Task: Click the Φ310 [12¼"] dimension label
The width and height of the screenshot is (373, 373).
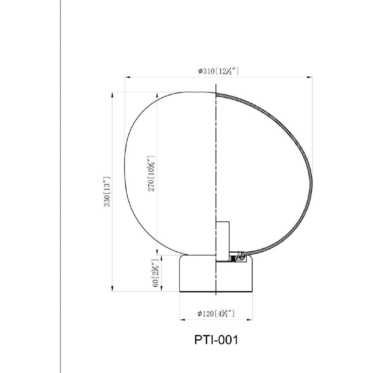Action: [x=218, y=71]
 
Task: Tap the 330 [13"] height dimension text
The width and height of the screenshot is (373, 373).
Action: [x=107, y=191]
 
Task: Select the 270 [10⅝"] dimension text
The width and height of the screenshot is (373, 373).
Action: [x=151, y=173]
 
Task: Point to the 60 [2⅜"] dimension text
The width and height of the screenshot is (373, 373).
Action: [x=156, y=273]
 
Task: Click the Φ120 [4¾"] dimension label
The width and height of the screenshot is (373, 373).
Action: [x=216, y=313]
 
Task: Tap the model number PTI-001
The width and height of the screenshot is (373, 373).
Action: [x=216, y=340]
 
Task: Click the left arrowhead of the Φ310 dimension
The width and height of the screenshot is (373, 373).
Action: [x=127, y=77]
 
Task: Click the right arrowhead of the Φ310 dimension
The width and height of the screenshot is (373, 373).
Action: [x=309, y=77]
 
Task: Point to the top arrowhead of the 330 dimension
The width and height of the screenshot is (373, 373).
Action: [x=112, y=95]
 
